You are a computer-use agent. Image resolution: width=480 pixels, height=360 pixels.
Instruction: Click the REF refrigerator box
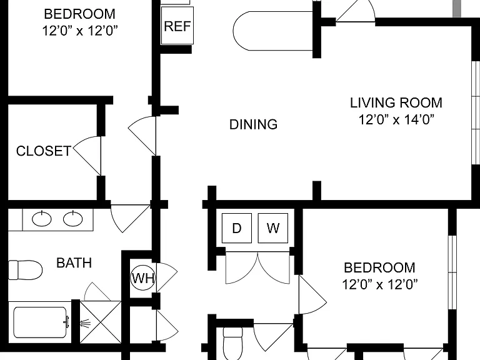coord(177,26)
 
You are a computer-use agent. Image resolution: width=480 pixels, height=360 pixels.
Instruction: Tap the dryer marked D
coord(237,228)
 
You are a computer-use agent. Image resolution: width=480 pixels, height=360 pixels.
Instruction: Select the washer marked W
coord(272,228)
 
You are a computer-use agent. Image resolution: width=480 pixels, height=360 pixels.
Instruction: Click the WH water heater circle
coord(143,278)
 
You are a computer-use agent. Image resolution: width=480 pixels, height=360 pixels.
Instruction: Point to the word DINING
coord(254,124)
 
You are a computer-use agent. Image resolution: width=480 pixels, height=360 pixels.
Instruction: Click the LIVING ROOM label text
coord(396,102)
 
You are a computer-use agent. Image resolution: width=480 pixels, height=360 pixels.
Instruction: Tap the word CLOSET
coord(44,151)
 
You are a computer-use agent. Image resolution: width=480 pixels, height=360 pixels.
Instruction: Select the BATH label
coord(74,263)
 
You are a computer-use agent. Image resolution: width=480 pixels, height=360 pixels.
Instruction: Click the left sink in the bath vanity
coord(42,219)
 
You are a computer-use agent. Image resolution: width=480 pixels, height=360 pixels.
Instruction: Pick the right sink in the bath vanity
coord(73,219)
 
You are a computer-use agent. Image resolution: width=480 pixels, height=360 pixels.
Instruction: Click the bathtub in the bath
coord(40,322)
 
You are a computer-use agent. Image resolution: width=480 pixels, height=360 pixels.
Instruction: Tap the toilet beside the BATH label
coord(25,270)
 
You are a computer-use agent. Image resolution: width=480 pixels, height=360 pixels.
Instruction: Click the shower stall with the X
coord(101,322)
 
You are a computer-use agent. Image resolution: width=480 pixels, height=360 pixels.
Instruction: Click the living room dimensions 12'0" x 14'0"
coord(396,119)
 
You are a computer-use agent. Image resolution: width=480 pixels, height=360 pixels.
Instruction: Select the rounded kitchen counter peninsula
coord(272,31)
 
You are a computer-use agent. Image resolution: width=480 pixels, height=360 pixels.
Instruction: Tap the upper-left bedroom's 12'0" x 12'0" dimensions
coord(79,31)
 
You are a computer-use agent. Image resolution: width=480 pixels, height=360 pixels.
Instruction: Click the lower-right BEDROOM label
coord(379,267)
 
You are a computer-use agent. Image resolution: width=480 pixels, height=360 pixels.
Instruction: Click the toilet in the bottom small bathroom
coord(232,343)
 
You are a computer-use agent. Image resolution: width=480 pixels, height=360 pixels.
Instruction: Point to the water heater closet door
coord(167,277)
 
